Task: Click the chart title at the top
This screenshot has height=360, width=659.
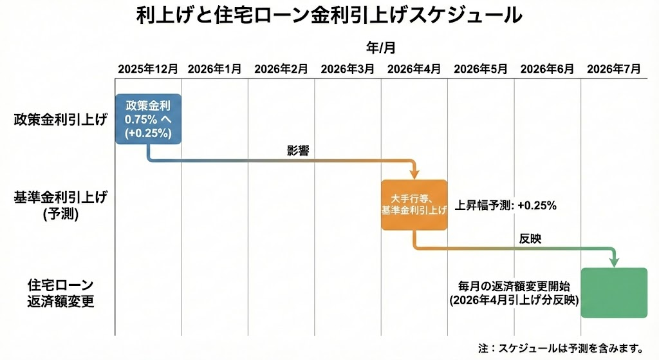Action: (x=329, y=15)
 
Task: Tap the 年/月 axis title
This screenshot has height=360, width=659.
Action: (x=380, y=47)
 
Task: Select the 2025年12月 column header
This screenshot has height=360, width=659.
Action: (x=147, y=70)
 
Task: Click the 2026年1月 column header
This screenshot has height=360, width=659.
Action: (x=214, y=70)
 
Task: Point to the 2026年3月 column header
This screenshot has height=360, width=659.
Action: (x=347, y=70)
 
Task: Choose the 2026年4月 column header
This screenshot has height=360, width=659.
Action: (x=414, y=70)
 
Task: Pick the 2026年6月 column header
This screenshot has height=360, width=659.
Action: (x=546, y=70)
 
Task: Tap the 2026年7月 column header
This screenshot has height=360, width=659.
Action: (x=613, y=70)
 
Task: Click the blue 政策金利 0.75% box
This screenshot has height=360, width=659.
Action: (x=149, y=118)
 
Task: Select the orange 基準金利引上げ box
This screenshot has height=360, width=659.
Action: (x=414, y=204)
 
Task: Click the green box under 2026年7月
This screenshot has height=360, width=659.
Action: (x=614, y=292)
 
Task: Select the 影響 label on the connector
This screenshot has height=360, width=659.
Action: (x=297, y=151)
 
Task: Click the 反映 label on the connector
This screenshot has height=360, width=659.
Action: (x=530, y=238)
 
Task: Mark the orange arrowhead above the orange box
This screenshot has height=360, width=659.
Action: (x=414, y=173)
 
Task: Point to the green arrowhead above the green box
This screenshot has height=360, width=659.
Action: (x=614, y=261)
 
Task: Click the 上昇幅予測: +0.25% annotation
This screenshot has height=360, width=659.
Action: (x=506, y=205)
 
